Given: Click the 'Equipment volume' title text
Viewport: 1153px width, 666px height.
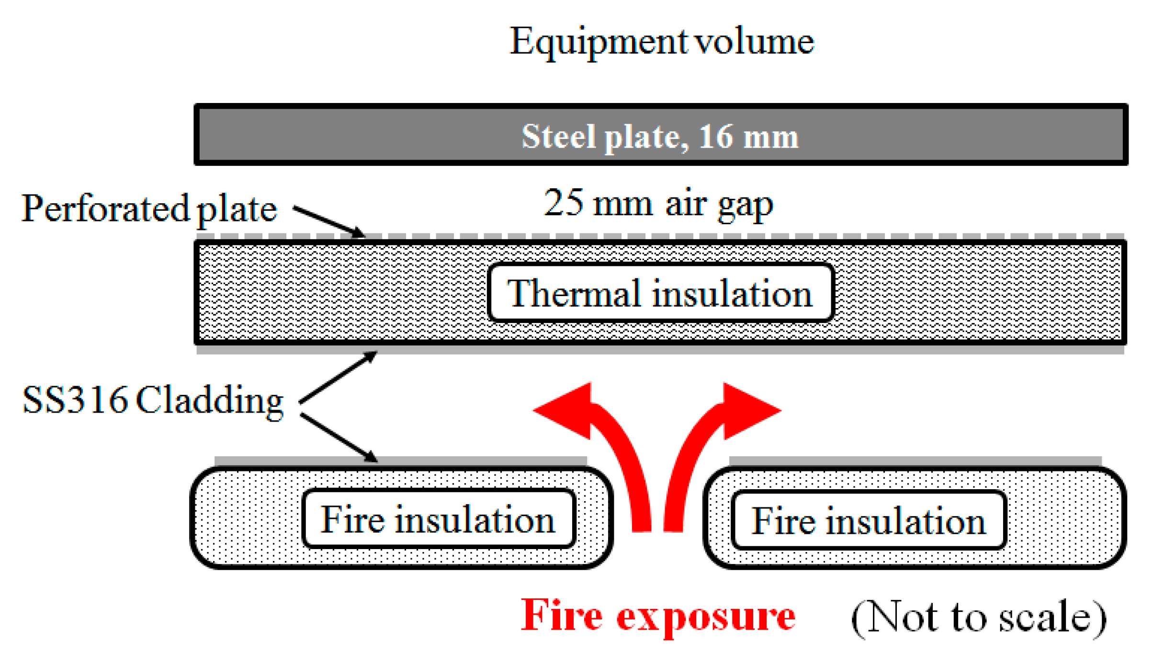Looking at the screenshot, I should tap(662, 42).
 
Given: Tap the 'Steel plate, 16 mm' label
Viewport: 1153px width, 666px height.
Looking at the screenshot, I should tap(660, 137).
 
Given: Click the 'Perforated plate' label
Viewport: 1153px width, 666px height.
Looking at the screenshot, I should tap(149, 209).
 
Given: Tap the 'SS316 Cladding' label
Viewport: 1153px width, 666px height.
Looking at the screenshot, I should tap(153, 400).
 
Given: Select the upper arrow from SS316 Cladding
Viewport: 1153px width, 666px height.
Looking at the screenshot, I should tap(338, 378).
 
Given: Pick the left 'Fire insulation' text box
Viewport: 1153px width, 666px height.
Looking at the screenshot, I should tap(438, 519).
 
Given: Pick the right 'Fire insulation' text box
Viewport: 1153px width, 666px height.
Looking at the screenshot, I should tap(868, 520).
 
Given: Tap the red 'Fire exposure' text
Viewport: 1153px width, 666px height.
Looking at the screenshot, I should tap(658, 616).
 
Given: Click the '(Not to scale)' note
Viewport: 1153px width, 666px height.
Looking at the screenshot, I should tap(979, 618).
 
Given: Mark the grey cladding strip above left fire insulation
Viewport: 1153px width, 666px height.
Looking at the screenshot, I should tap(400, 461).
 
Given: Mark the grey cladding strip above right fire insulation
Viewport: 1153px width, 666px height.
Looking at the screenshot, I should tap(915, 461).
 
